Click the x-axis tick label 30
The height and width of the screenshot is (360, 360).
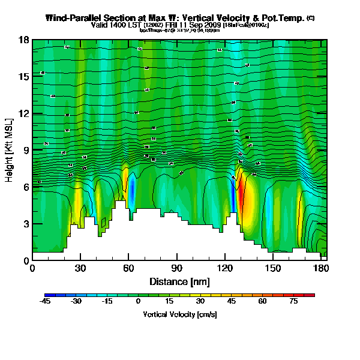pyautogui.click(x=80, y=269)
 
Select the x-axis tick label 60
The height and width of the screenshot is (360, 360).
pyautogui.click(x=128, y=269)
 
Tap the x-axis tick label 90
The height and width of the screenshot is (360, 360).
pyautogui.click(x=176, y=269)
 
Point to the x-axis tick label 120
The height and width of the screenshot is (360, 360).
pyautogui.click(x=224, y=269)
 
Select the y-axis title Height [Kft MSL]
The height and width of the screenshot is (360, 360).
pyautogui.click(x=9, y=150)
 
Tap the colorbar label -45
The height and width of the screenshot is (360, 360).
pyautogui.click(x=46, y=302)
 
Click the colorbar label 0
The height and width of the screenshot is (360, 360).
pyautogui.click(x=139, y=302)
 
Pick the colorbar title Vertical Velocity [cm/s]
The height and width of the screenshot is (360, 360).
pyautogui.click(x=179, y=314)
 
